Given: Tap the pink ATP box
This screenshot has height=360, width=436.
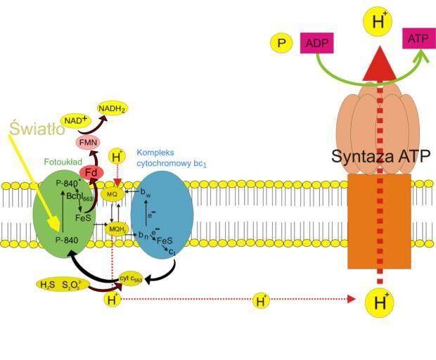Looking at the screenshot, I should coord(418,39).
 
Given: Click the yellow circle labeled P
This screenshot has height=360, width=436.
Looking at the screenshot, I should coord(281,44).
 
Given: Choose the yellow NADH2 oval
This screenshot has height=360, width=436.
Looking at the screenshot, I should coord(113,109).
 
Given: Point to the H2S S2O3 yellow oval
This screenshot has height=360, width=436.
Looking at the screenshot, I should coord(63,285).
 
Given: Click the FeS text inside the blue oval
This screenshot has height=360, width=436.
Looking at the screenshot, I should coord(165,240).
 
